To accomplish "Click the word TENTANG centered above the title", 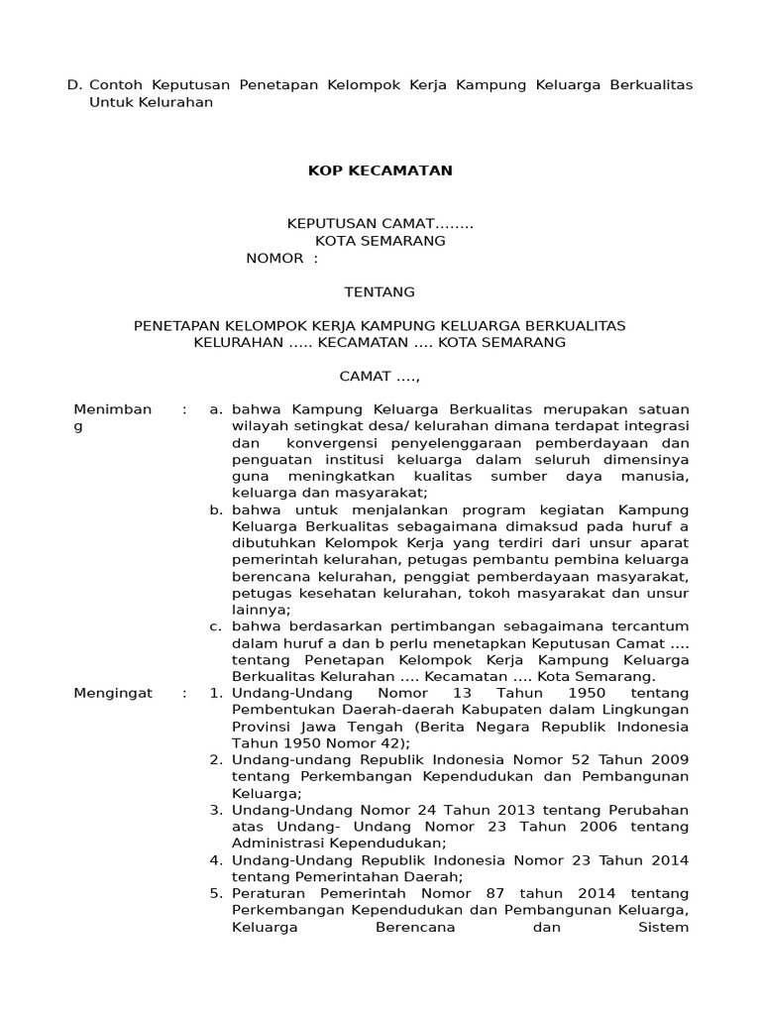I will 380,291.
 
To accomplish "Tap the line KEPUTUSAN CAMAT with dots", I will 380,224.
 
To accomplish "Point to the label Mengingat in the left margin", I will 113,693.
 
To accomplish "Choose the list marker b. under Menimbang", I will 215,509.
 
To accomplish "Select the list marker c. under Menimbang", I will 215,626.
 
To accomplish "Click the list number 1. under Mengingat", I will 215,693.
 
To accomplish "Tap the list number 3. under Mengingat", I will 215,810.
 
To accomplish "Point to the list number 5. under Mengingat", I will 215,894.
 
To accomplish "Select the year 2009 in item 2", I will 669,759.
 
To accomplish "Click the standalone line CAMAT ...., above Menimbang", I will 380,377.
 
